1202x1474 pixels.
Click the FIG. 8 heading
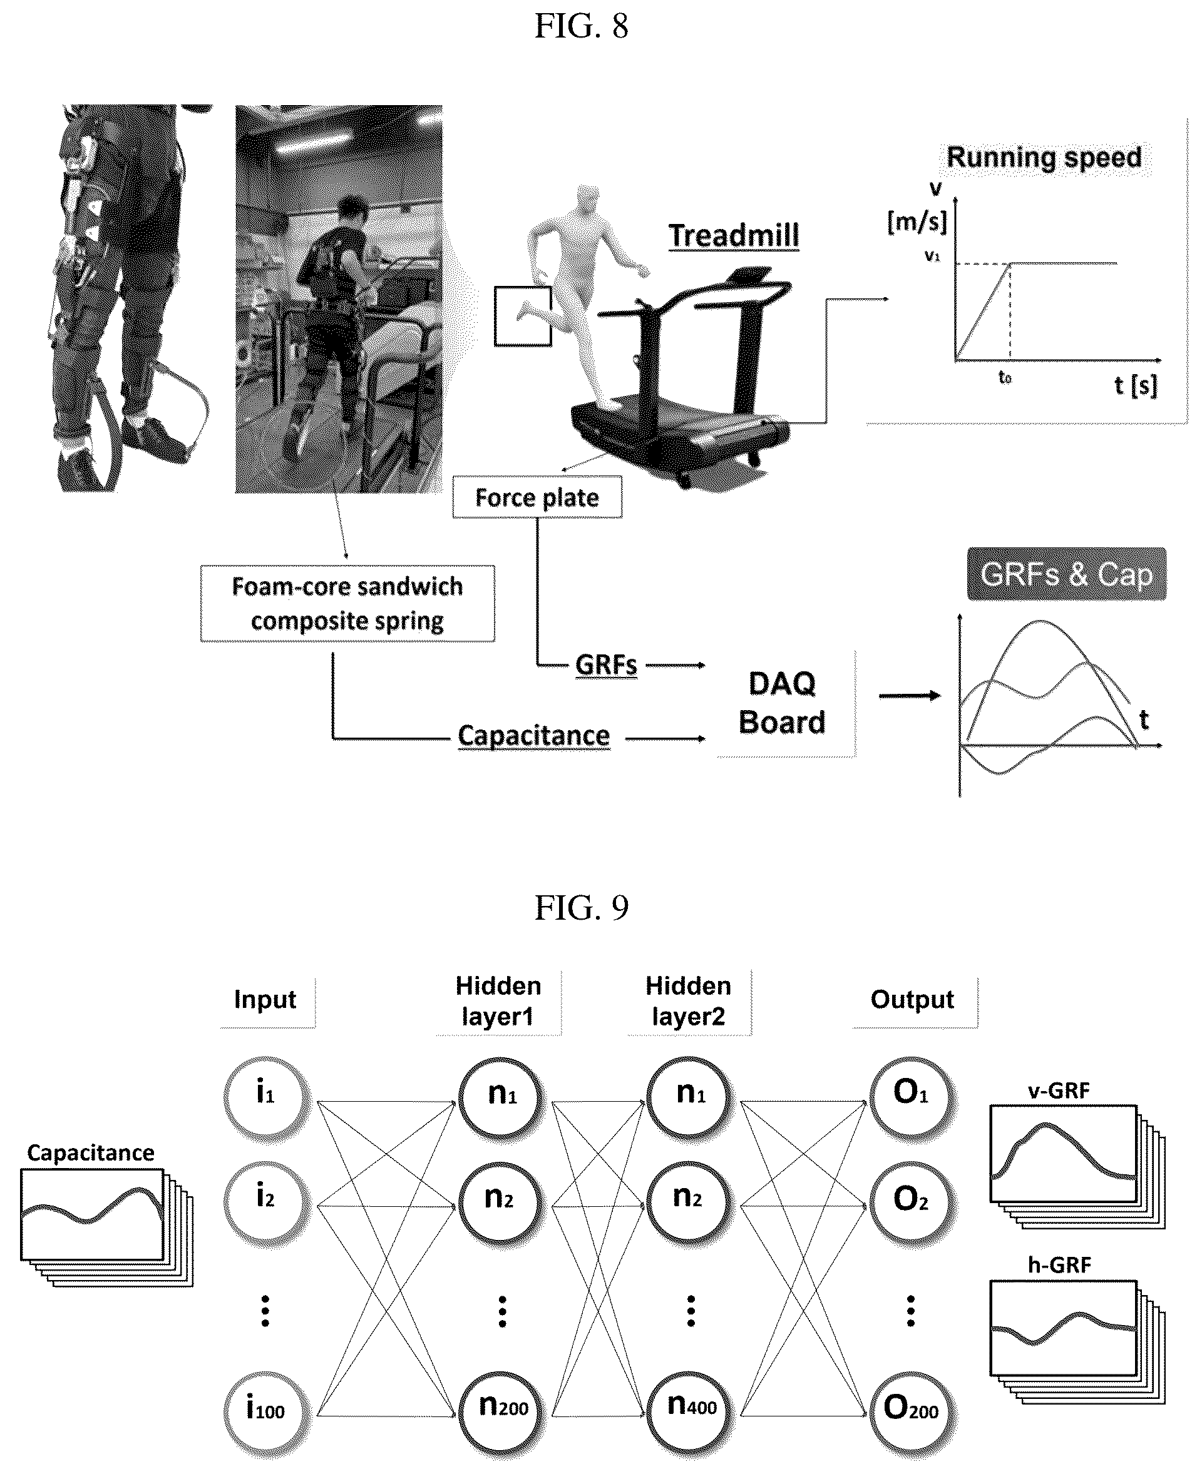pos(581,26)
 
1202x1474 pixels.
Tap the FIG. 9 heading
pos(581,907)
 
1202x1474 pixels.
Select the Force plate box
pos(537,497)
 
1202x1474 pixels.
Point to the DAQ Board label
pos(783,703)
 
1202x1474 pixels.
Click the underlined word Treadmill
pos(734,236)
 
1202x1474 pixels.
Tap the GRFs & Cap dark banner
pos(1066,574)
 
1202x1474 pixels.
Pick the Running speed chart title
pos(1044,158)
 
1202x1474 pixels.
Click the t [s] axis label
pos(1136,385)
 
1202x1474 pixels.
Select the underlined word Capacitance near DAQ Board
pos(534,736)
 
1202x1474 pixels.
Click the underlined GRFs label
pos(607,665)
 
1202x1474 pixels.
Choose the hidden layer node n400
pos(690,1408)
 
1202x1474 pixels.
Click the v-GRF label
pos(1059,1091)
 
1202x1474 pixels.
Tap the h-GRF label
pos(1059,1266)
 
